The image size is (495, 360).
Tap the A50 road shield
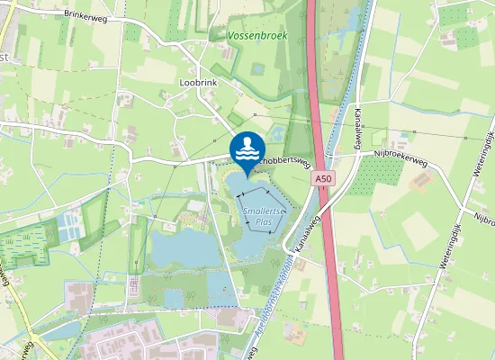coord(324,180)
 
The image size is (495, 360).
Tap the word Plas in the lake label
coord(264,220)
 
